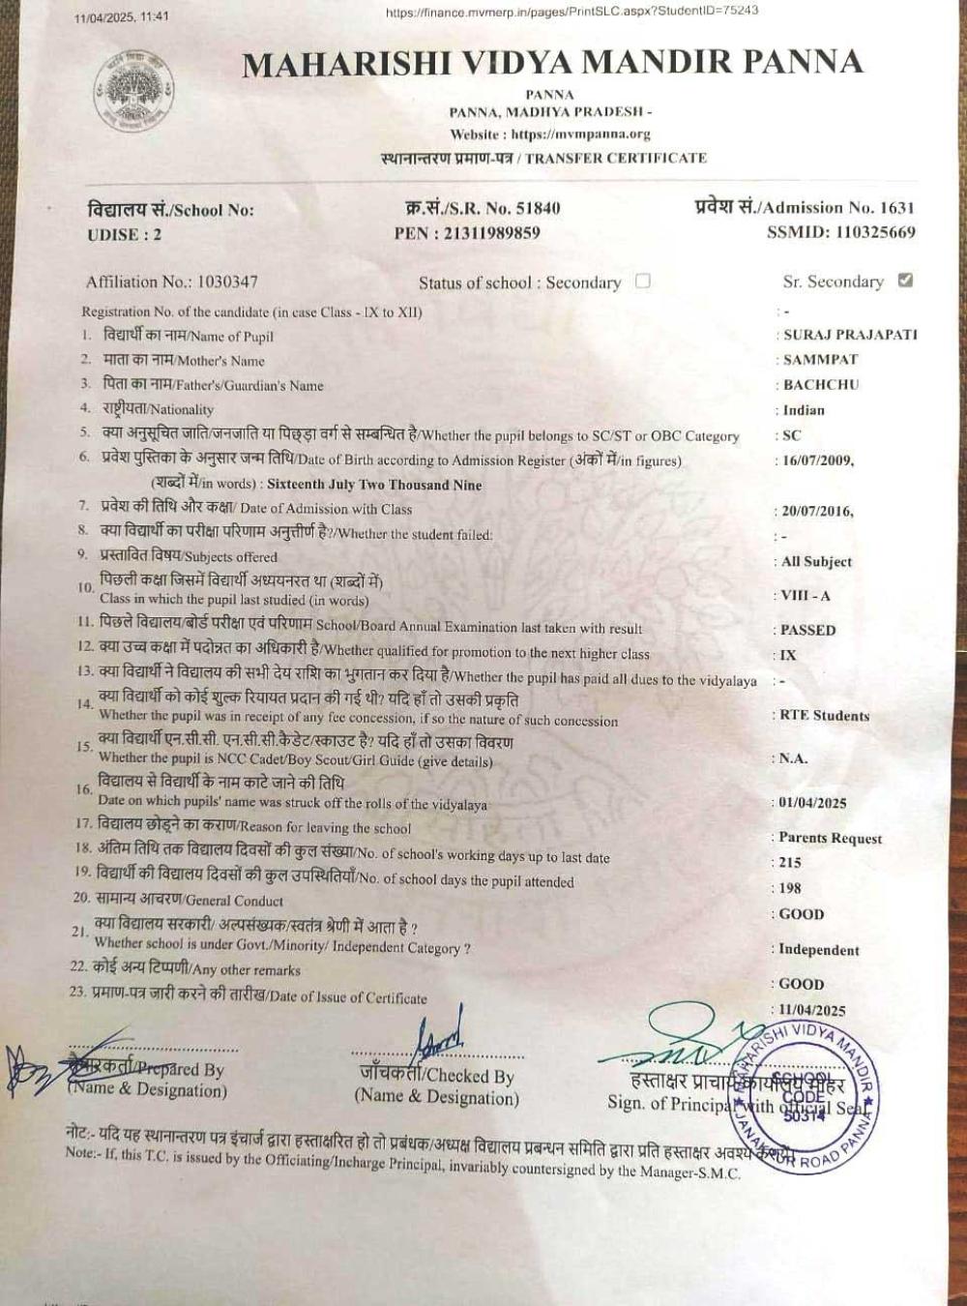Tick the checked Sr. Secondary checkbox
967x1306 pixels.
point(905,281)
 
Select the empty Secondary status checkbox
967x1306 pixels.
point(643,282)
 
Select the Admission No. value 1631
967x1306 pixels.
point(896,207)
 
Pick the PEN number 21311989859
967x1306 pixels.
point(491,233)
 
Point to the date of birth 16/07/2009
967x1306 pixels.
point(818,460)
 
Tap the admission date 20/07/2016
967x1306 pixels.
point(818,512)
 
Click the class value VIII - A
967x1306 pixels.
point(806,596)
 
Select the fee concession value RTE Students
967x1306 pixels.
point(825,716)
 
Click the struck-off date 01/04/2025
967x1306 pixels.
point(813,803)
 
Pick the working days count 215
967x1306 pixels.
point(790,863)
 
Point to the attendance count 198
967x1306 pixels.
point(790,888)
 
